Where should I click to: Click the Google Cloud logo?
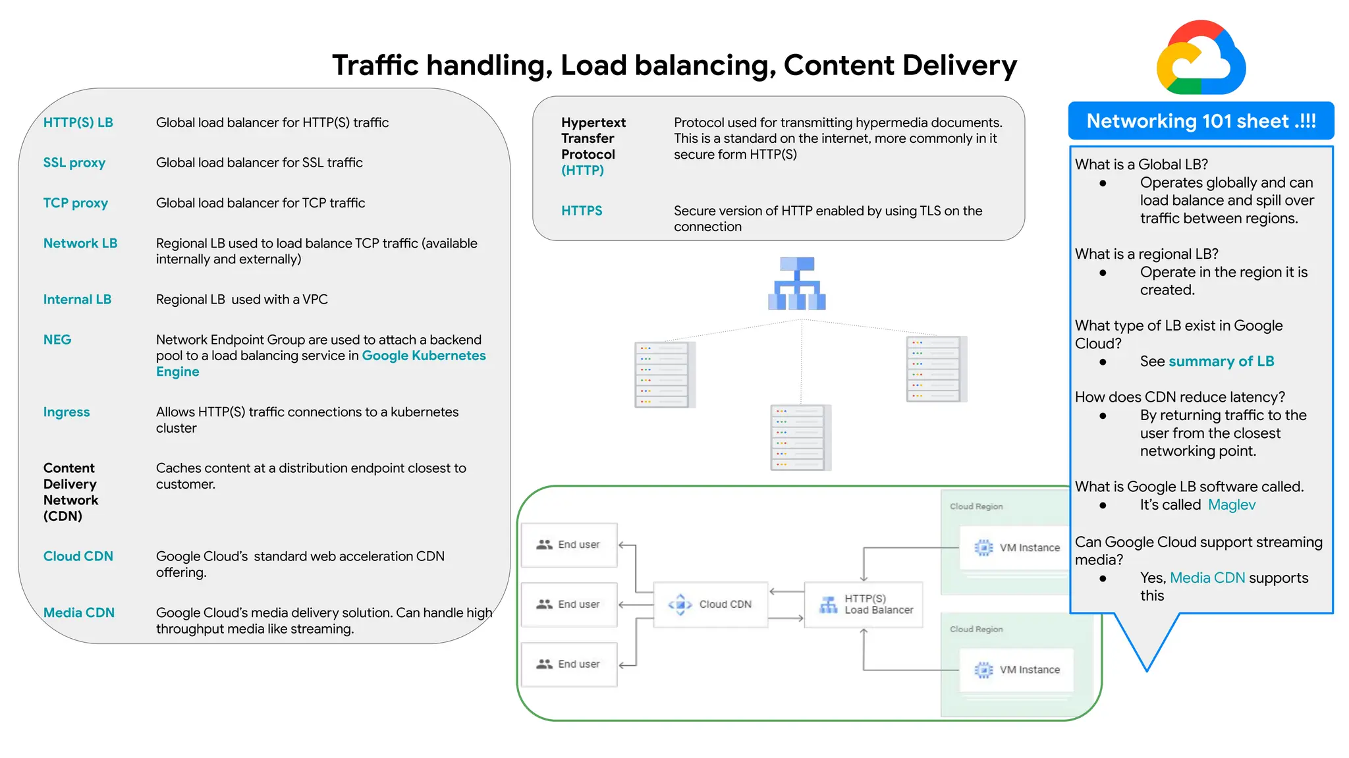1201,58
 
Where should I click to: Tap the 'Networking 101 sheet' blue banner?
1201,121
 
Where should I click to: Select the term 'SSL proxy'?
74,163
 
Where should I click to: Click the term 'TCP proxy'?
75,203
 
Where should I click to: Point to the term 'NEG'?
57,340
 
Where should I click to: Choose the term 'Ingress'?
67,412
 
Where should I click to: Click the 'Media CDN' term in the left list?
79,612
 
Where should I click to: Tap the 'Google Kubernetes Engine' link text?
423,356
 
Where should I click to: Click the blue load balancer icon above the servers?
797,283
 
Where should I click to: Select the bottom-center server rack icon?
800,437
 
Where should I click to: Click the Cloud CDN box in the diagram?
711,604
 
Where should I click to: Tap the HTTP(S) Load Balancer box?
864,604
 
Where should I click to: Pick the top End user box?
569,545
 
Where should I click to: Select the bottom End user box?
569,664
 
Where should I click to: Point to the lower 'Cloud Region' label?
976,629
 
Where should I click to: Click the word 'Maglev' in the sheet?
1232,504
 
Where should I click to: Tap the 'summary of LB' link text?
1221,361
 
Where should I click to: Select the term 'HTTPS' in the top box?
582,211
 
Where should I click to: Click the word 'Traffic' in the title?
375,65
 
